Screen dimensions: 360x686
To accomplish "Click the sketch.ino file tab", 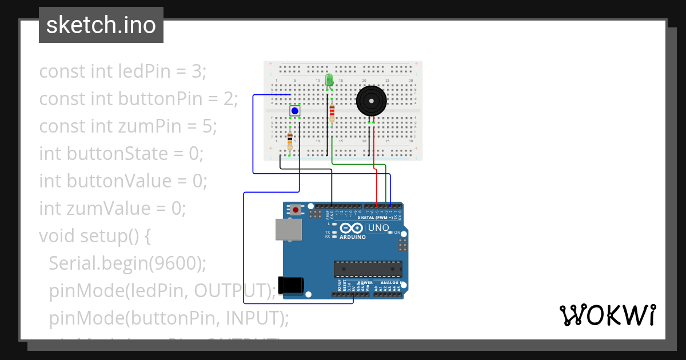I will click(x=101, y=25).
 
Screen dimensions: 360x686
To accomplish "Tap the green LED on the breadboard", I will click(x=329, y=80).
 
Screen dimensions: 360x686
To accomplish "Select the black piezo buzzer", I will click(x=371, y=102).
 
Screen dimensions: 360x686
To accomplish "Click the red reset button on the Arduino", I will click(x=295, y=210).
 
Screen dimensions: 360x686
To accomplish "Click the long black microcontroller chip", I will click(x=368, y=269).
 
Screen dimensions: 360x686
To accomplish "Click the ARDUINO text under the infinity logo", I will click(x=352, y=237).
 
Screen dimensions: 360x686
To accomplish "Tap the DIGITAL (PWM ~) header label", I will click(x=375, y=218).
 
